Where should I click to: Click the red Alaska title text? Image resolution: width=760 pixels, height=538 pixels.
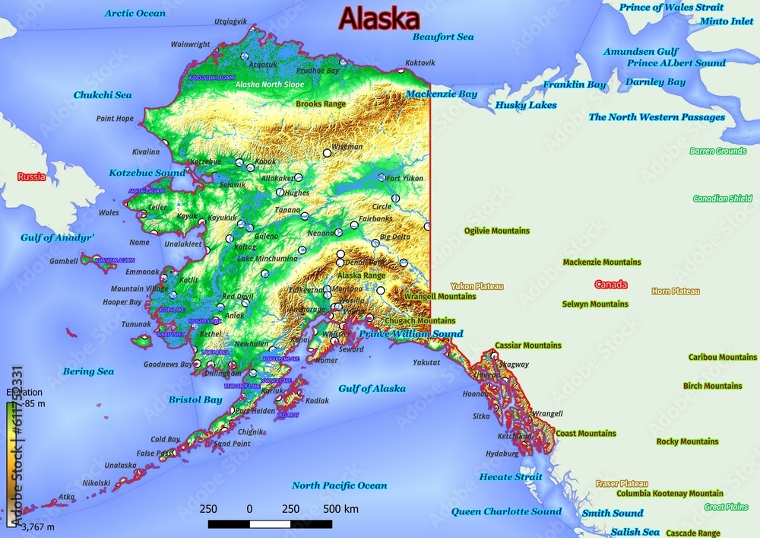click(378, 18)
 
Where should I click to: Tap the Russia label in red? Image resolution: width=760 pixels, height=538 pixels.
click(32, 177)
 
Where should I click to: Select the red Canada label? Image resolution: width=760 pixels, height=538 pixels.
click(610, 285)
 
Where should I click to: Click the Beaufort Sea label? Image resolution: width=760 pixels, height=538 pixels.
click(443, 37)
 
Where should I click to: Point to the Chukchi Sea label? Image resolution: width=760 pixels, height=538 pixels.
click(103, 95)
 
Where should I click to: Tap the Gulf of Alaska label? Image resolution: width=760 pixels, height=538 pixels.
click(372, 388)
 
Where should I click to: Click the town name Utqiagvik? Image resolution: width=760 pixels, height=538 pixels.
click(231, 21)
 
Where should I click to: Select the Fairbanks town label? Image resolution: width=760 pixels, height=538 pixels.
click(375, 218)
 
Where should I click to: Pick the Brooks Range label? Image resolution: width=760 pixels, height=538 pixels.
click(320, 103)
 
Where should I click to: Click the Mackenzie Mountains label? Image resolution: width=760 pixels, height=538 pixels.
click(601, 262)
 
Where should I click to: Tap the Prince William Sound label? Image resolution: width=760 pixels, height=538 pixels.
click(410, 334)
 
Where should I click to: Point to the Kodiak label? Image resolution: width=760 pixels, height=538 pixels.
click(317, 400)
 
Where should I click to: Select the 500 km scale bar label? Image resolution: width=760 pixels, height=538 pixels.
click(340, 508)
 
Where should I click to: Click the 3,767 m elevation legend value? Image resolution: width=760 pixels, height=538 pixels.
click(37, 527)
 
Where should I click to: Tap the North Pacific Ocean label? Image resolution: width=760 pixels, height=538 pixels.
click(339, 485)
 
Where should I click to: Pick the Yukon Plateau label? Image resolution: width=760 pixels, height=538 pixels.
click(477, 286)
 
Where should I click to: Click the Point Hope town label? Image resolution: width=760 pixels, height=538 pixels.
click(115, 119)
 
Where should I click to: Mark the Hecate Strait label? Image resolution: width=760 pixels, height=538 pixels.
click(511, 477)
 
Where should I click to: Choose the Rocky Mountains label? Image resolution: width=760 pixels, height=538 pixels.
click(687, 441)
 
